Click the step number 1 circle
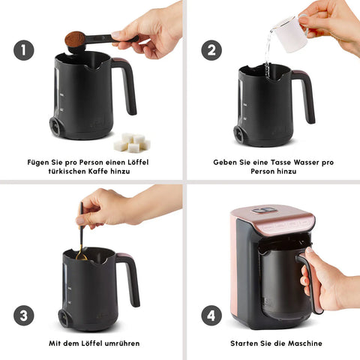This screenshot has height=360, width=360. click(x=24, y=50)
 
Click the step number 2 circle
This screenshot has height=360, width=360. click(x=211, y=50)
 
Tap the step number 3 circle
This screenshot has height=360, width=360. click(x=24, y=315)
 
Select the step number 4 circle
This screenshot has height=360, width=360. click(x=211, y=315)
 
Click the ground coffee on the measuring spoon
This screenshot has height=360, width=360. click(x=75, y=37)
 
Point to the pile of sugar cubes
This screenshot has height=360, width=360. click(x=132, y=142)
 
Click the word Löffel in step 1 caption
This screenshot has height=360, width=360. click(x=138, y=162)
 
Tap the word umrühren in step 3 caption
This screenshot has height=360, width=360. click(x=122, y=343)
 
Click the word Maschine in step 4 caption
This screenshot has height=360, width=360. click(x=305, y=343)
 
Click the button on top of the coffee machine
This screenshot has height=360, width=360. click(x=264, y=210)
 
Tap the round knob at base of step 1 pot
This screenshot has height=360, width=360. click(x=55, y=127)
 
